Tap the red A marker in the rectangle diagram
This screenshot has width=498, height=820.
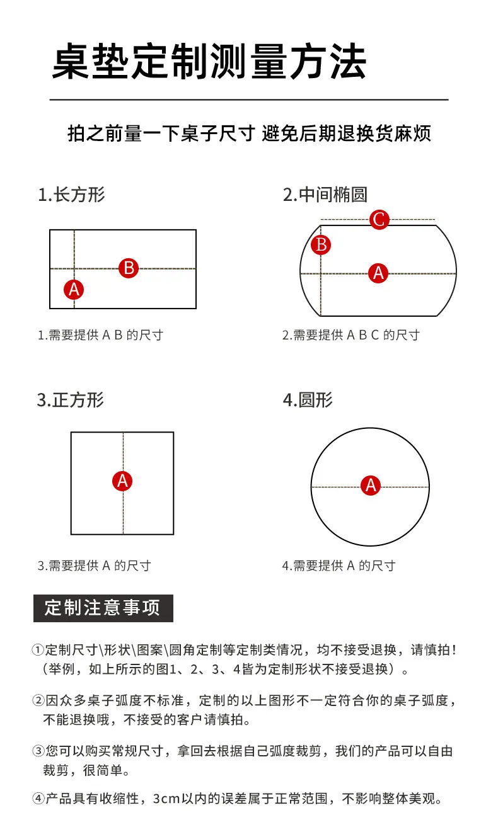[74, 290]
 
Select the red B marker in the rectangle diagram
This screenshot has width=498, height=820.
[129, 268]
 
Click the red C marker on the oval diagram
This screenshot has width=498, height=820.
[379, 219]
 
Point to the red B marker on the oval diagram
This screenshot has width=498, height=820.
[321, 244]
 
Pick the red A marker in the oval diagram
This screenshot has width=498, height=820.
[378, 273]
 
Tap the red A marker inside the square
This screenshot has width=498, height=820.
[122, 481]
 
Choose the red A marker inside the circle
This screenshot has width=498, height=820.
[371, 485]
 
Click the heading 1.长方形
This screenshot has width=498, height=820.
[71, 195]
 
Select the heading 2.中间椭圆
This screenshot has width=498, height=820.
[325, 195]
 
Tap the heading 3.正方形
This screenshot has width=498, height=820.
[71, 400]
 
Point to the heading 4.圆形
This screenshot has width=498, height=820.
[308, 400]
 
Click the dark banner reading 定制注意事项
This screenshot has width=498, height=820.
[103, 608]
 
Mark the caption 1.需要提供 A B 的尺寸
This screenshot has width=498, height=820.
[100, 335]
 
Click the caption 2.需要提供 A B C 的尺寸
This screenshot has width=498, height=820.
[350, 335]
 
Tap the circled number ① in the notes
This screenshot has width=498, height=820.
[38, 650]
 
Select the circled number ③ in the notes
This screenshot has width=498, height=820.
[38, 751]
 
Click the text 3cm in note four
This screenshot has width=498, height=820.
[166, 799]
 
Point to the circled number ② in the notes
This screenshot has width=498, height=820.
[38, 700]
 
